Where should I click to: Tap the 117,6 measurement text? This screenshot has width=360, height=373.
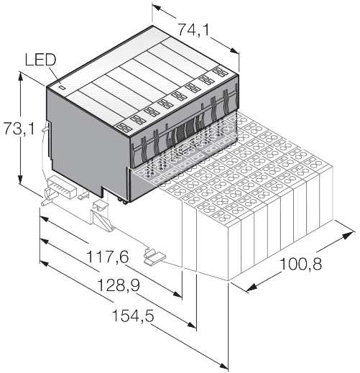101,257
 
